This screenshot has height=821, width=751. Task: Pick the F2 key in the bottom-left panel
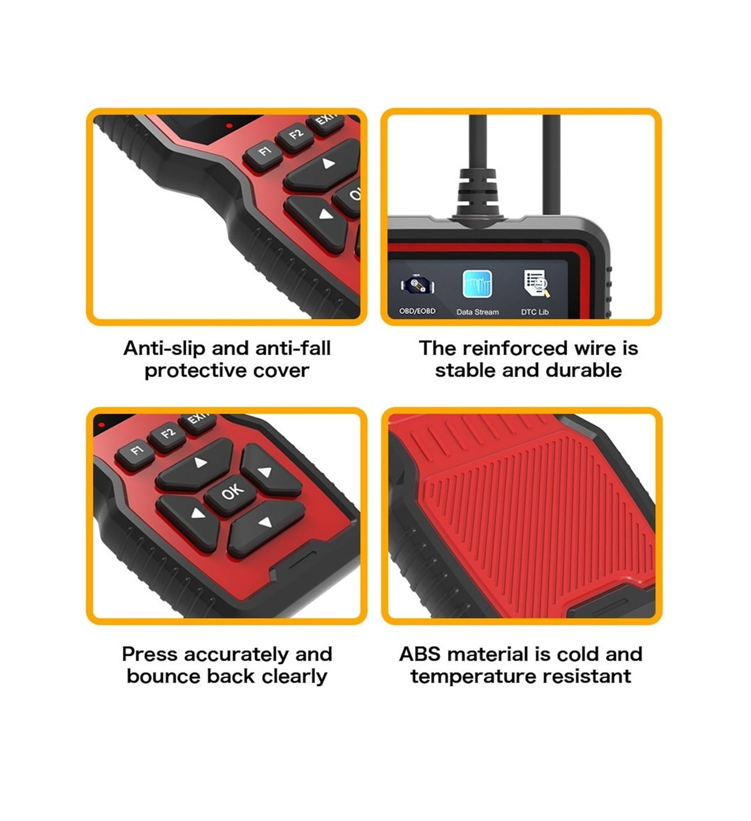coord(167,435)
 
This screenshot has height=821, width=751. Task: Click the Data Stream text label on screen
coord(478,312)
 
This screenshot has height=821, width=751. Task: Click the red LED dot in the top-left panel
coord(229,125)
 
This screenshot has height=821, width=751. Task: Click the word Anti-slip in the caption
coord(165,348)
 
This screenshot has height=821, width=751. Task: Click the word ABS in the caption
coord(421,654)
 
